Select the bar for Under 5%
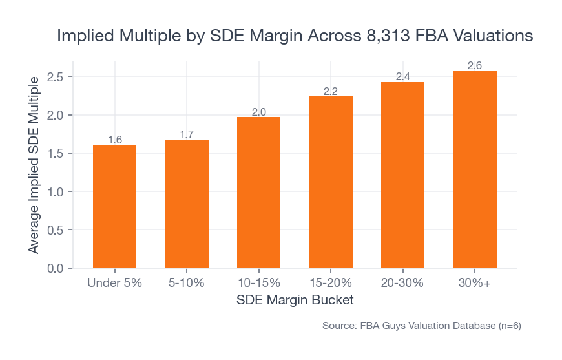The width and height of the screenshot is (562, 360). pos(114,207)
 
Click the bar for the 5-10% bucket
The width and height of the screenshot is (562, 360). pos(187,204)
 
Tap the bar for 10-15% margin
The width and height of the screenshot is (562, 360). pos(258,193)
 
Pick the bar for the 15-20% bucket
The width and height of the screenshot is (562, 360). pos(331,182)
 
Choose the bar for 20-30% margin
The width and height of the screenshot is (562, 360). pos(402,175)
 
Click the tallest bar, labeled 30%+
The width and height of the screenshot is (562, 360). pos(475,169)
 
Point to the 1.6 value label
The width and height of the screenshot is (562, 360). pos(114,140)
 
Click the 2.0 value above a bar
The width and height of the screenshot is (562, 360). pos(258,112)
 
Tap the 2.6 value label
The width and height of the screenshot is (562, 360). pos(475,66)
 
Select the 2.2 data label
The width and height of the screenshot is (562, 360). pos(331,91)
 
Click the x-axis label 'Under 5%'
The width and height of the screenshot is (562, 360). pos(114,283)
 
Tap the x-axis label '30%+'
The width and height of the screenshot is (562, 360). pos(475,283)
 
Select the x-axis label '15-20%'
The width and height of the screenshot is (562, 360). pos(331,283)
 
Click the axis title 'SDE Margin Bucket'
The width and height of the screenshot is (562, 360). pos(295,301)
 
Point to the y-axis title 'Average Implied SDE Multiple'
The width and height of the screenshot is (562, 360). pos(34,164)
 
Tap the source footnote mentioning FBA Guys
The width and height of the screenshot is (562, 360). pos(421,326)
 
